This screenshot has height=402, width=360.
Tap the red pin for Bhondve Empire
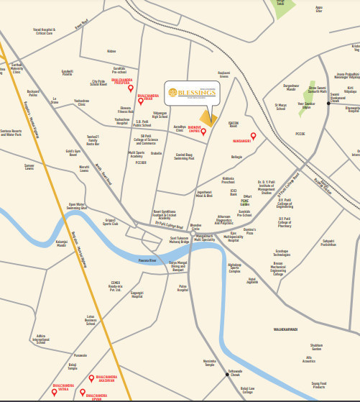(x=203, y=132)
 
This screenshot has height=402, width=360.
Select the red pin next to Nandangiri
(x=253, y=135)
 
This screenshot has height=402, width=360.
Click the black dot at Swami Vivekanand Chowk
(x=329, y=102)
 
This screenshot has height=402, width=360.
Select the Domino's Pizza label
(x=250, y=232)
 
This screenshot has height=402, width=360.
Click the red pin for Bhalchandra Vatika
(x=61, y=380)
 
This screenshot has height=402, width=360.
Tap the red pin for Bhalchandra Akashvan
(x=91, y=378)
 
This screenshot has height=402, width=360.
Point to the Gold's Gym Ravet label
(x=77, y=152)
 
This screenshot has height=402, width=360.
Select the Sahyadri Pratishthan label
(x=328, y=242)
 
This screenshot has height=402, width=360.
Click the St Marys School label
(x=280, y=107)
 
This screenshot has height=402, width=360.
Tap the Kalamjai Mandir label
(x=61, y=243)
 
